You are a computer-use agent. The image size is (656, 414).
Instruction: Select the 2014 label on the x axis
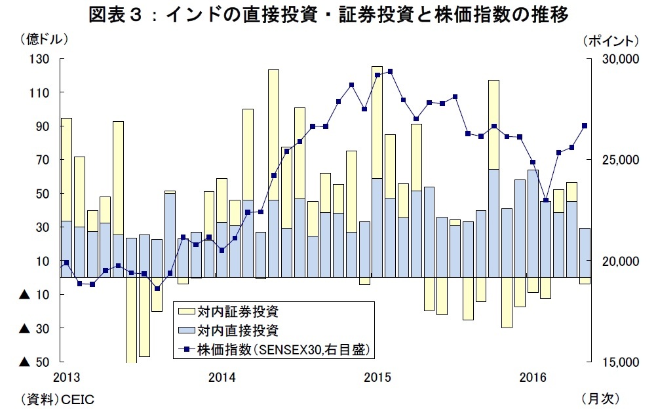pos(222,378)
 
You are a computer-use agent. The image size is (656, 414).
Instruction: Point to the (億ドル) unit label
pos(45,40)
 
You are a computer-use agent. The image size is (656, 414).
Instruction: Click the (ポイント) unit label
pos(609,40)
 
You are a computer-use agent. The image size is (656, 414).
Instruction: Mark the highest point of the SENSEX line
pos(390,71)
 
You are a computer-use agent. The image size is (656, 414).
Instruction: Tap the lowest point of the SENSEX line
pos(157,288)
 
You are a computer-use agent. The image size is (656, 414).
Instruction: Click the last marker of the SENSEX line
pos(585,126)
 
